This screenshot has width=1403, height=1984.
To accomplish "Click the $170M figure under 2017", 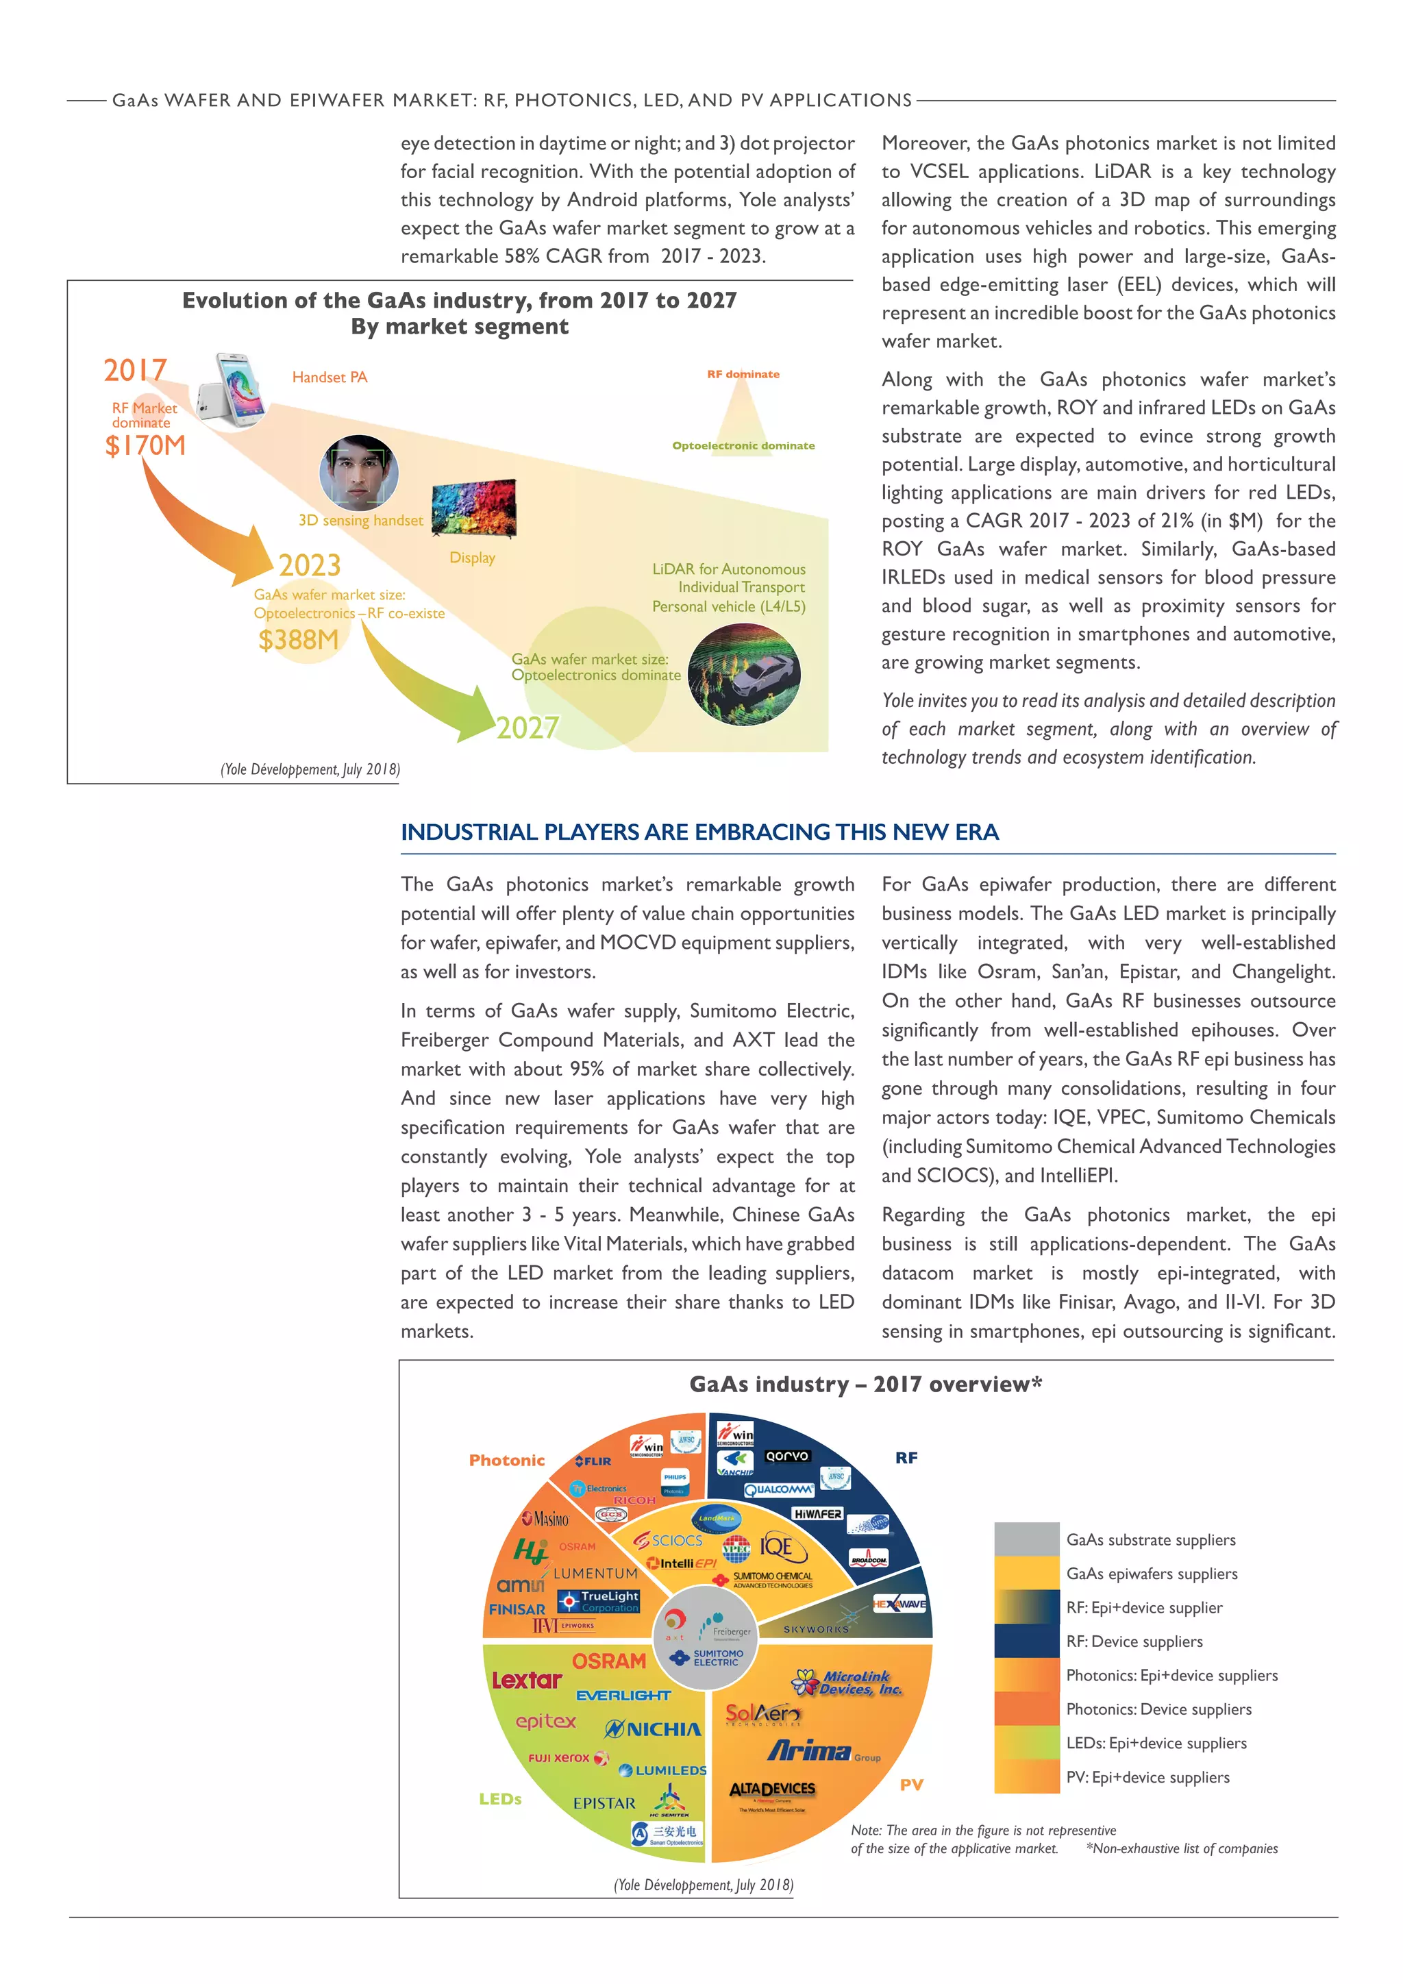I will [145, 446].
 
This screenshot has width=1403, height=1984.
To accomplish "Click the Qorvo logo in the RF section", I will [787, 1456].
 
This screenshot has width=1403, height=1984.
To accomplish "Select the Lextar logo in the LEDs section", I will [527, 1680].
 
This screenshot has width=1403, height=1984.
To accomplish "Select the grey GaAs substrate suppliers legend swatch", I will [1026, 1540].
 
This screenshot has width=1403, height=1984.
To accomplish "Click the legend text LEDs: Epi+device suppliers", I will [1156, 1743].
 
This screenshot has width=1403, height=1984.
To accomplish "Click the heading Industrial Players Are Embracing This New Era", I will [699, 832].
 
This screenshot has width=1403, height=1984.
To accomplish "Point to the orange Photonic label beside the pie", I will [507, 1461].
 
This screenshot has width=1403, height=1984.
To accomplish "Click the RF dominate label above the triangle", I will [743, 374].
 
